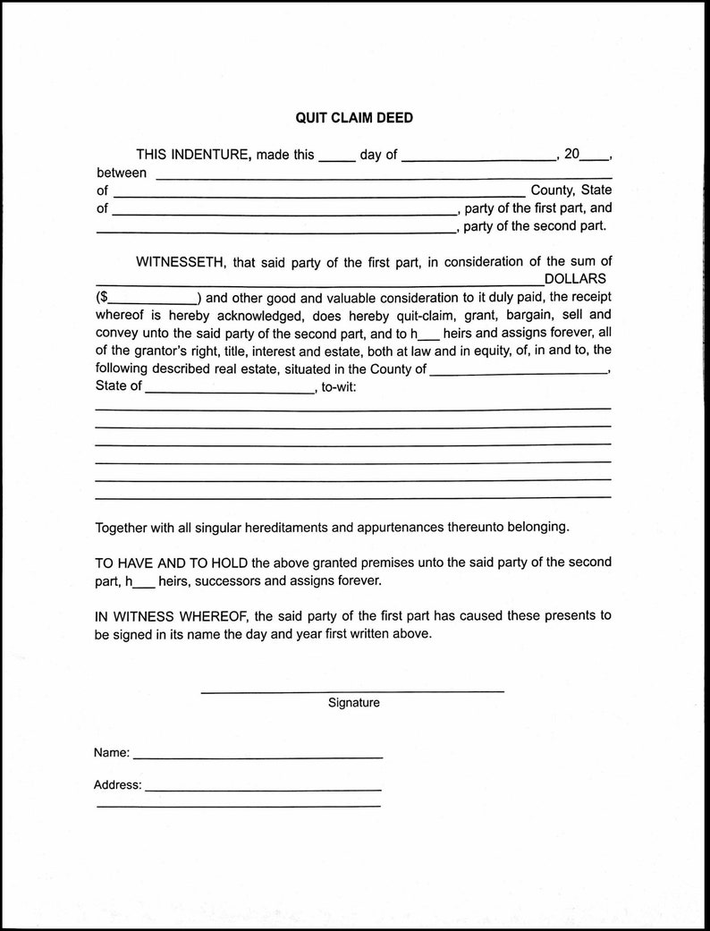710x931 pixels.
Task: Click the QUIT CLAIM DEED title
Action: point(354,117)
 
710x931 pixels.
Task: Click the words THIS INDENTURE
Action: point(192,154)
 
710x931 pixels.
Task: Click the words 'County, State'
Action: point(571,190)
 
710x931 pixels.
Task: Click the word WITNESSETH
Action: point(179,262)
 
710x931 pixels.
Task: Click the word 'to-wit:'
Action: point(343,386)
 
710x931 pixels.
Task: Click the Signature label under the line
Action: point(353,703)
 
